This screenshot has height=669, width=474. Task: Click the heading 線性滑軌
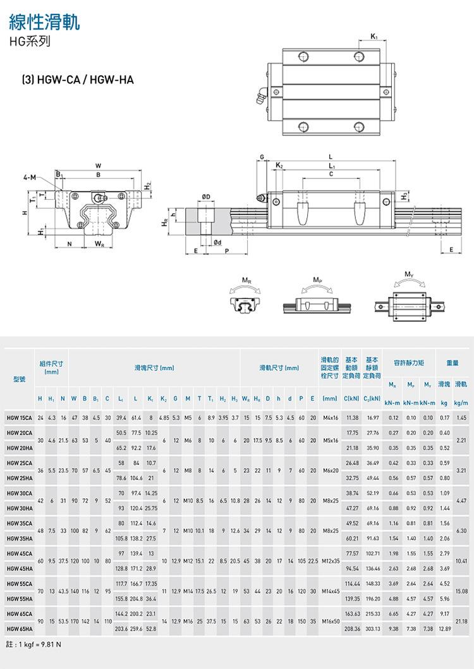pos(44,23)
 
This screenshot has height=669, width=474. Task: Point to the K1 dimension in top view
pos(374,36)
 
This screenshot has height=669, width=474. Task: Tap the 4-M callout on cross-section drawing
pos(29,176)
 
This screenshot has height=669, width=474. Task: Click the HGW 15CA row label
pos(19,418)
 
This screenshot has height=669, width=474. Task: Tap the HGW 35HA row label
pos(19,539)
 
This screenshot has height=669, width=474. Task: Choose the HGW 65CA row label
pos(19,613)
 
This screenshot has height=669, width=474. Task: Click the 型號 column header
pos(19,379)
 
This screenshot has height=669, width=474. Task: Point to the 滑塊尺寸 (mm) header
pos(154,368)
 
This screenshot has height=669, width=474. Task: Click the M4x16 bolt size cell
pos(330,418)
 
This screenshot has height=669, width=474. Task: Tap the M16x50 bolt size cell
pos(330,621)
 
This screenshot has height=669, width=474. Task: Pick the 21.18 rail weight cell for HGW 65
pos(461,621)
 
